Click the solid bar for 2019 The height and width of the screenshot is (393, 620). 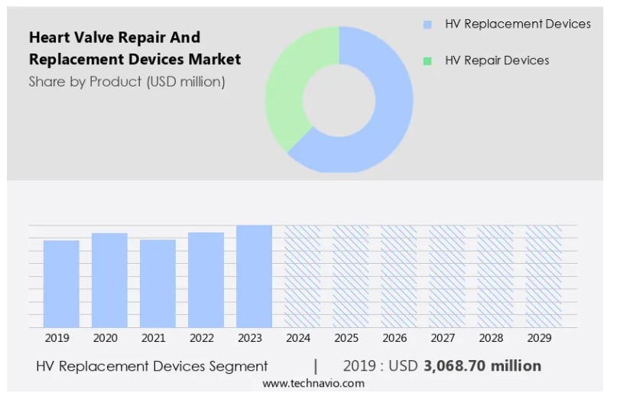(61, 284)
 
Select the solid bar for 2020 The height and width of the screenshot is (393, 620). (109, 280)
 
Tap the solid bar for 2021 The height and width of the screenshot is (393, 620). (157, 283)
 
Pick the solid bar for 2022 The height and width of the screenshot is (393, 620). (206, 280)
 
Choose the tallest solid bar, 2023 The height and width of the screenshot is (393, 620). (254, 276)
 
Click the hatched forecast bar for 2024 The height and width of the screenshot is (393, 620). (303, 276)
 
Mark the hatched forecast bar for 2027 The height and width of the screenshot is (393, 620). (447, 276)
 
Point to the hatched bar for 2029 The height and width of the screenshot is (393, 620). (544, 276)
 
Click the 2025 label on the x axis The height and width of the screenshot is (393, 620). (346, 338)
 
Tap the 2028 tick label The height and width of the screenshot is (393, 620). (491, 338)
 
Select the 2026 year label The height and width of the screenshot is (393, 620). (394, 338)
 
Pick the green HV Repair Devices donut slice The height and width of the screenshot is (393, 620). (287, 92)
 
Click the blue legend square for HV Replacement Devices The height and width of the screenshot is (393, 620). (427, 24)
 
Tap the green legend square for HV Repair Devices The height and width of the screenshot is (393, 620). (427, 60)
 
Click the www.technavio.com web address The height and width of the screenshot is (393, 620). (313, 383)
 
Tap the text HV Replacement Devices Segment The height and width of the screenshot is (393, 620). (152, 365)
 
